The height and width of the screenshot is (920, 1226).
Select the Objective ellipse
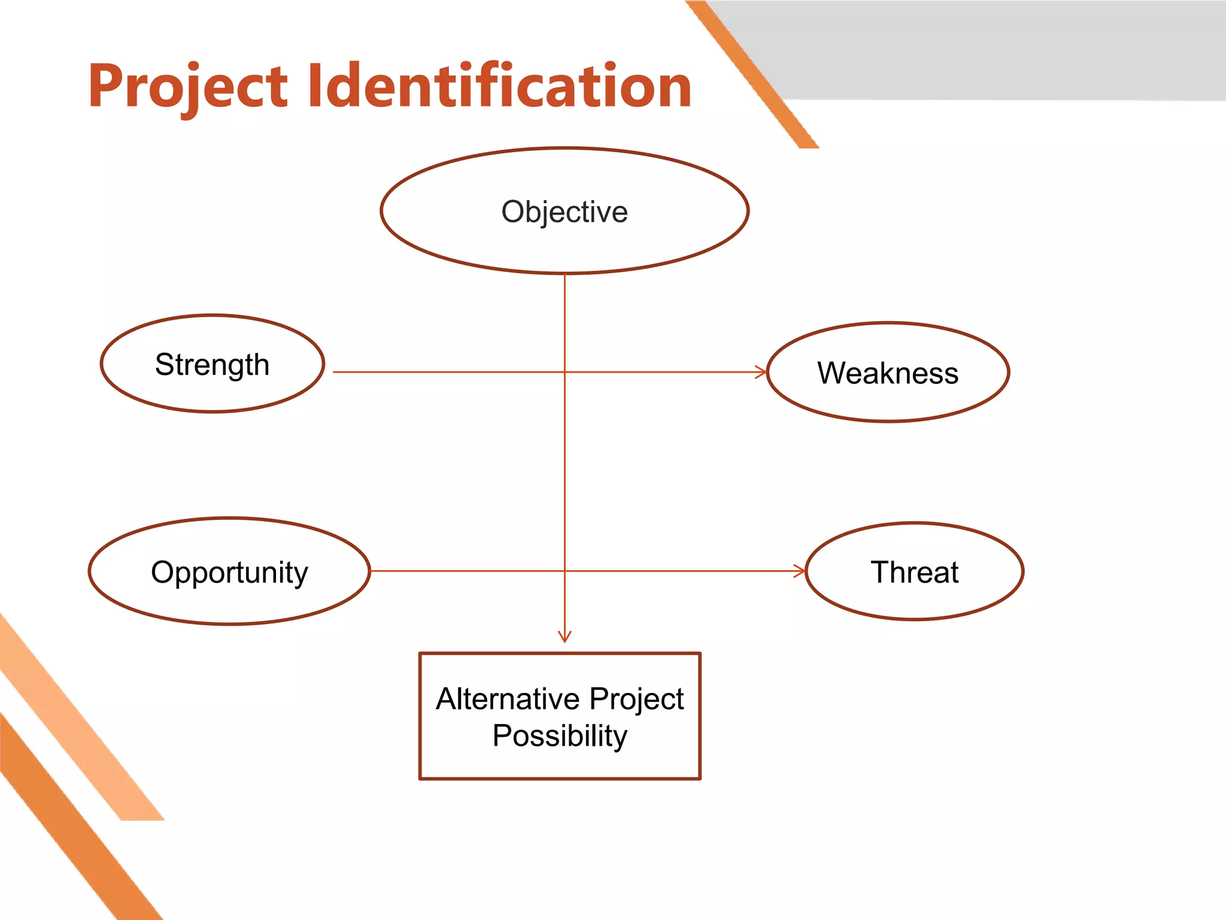[x=564, y=211]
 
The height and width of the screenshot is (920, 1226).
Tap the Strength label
[x=212, y=364]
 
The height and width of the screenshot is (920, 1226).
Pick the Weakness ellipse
[x=888, y=373]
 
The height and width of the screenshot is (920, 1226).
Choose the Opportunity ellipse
[x=229, y=572]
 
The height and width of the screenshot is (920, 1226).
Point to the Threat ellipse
[x=914, y=572]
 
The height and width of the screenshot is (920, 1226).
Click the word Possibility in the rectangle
[x=560, y=736]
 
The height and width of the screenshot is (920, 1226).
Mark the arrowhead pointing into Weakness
[x=761, y=372]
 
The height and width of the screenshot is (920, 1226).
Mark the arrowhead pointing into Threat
[x=800, y=571]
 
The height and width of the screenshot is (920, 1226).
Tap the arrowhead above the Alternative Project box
[x=565, y=637]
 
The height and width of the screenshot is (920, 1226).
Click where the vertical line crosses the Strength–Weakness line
[x=565, y=372]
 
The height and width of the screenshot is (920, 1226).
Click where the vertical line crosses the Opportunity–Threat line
[x=565, y=571]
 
